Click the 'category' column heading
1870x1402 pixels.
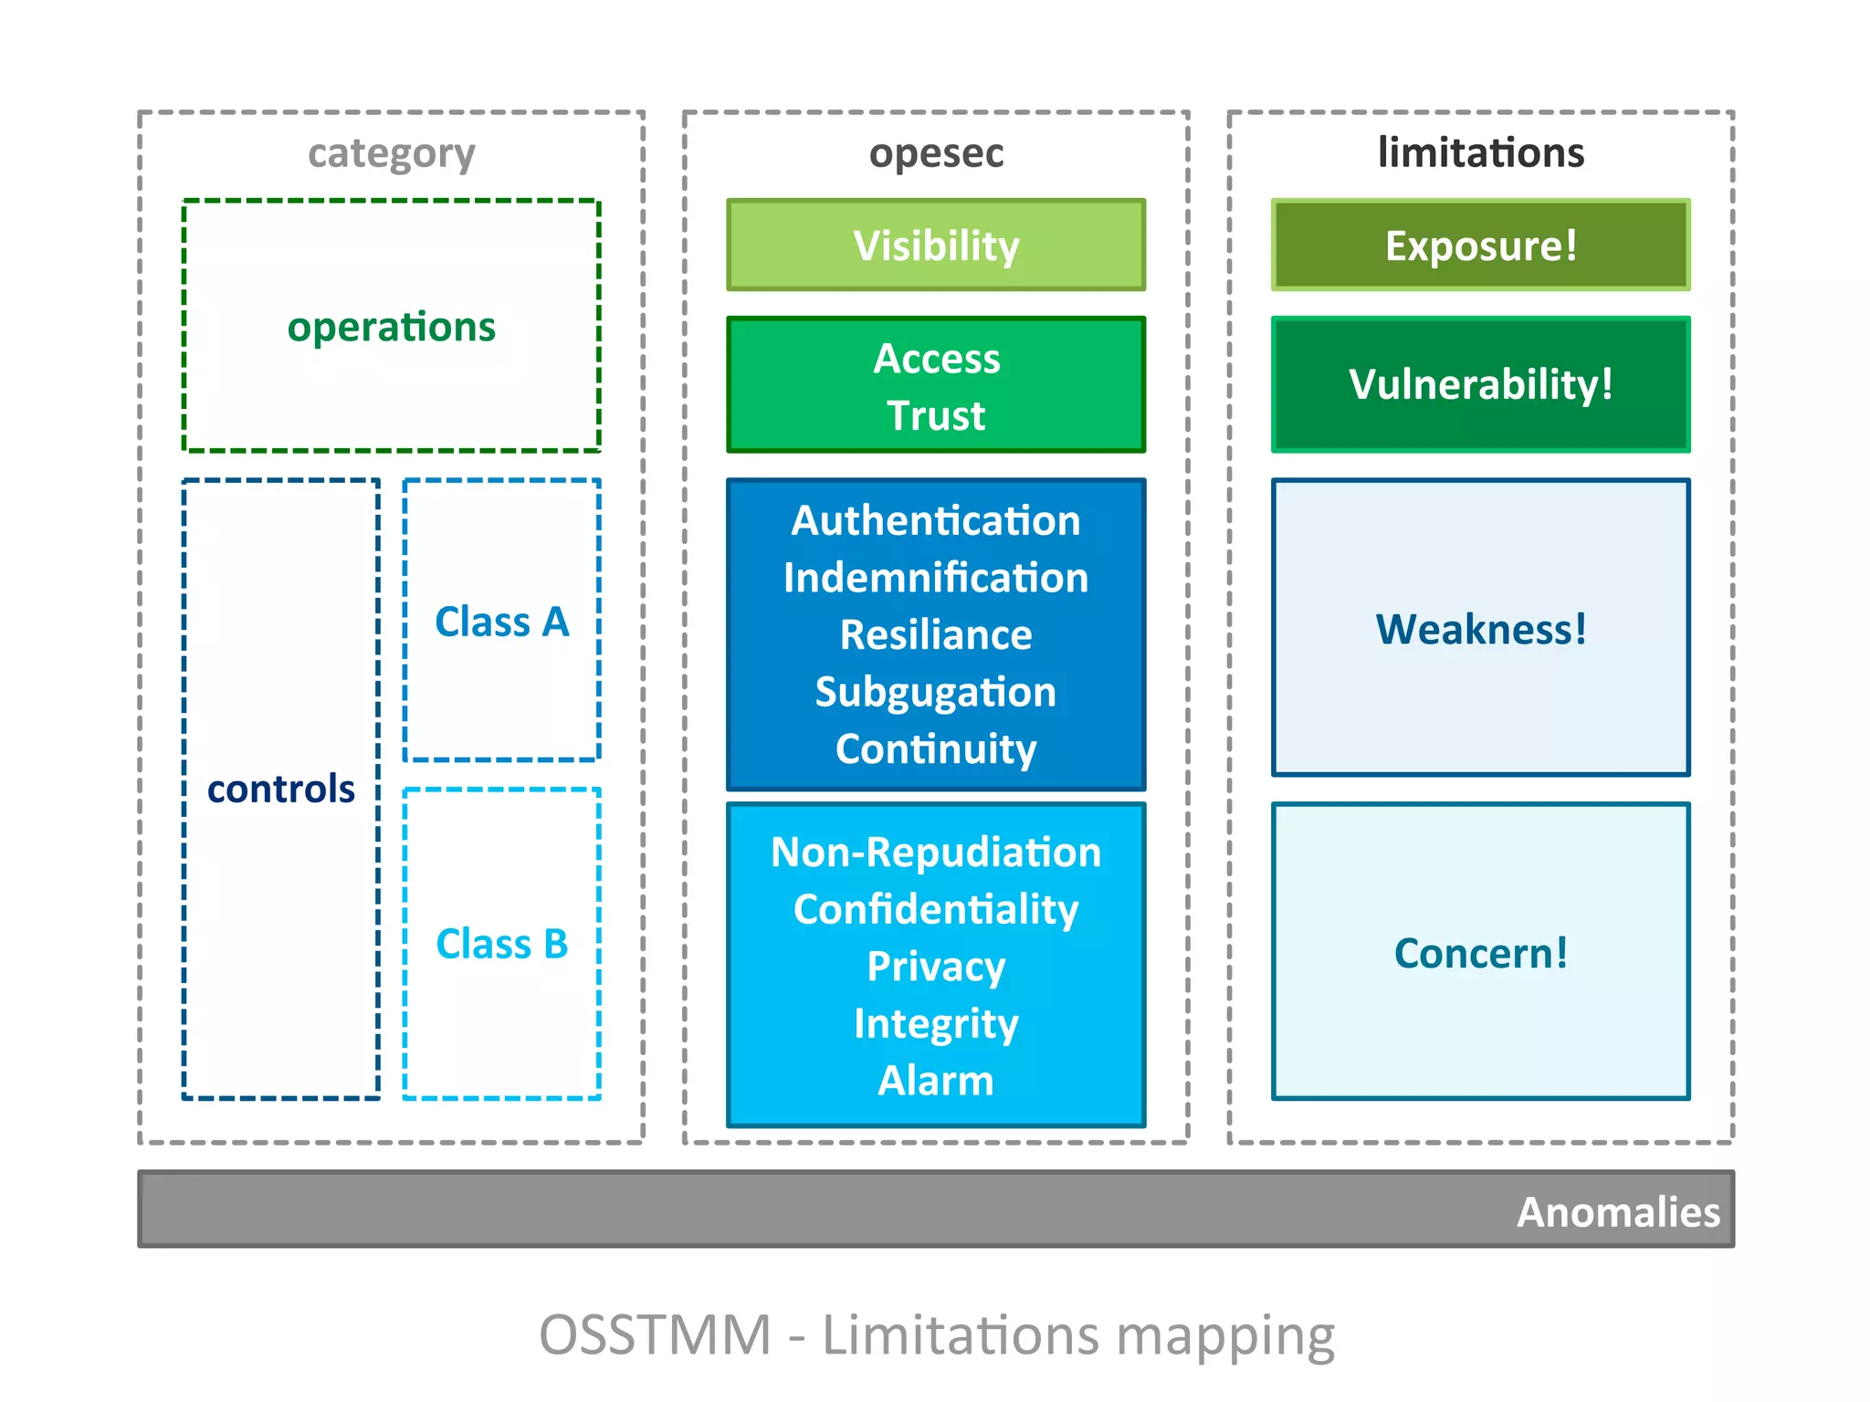pyautogui.click(x=391, y=153)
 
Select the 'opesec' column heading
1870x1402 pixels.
pyautogui.click(x=936, y=153)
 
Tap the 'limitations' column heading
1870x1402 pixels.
pyautogui.click(x=1480, y=152)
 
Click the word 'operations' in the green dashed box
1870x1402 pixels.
pyautogui.click(x=391, y=327)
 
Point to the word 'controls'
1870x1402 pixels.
pyautogui.click(x=280, y=789)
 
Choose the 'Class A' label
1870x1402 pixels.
pyautogui.click(x=501, y=622)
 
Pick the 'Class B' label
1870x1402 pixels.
pyautogui.click(x=501, y=944)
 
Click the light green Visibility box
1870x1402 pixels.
pyautogui.click(x=936, y=246)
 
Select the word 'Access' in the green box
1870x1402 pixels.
pyautogui.click(x=936, y=359)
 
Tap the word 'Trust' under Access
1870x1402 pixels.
pyautogui.click(x=936, y=415)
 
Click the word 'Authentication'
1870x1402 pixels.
pyautogui.click(x=936, y=520)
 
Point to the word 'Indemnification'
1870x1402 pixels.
pyautogui.click(x=936, y=578)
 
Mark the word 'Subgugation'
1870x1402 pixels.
pyautogui.click(x=936, y=692)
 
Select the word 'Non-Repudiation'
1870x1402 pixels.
pyautogui.click(x=936, y=853)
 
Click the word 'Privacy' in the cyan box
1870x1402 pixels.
pyautogui.click(x=936, y=967)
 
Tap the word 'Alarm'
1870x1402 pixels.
pyautogui.click(x=936, y=1081)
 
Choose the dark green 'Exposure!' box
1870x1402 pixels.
pyautogui.click(x=1480, y=246)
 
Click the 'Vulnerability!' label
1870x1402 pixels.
pyautogui.click(x=1480, y=384)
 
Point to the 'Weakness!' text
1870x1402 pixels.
pyautogui.click(x=1480, y=629)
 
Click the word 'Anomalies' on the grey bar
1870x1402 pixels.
pyautogui.click(x=1618, y=1212)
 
